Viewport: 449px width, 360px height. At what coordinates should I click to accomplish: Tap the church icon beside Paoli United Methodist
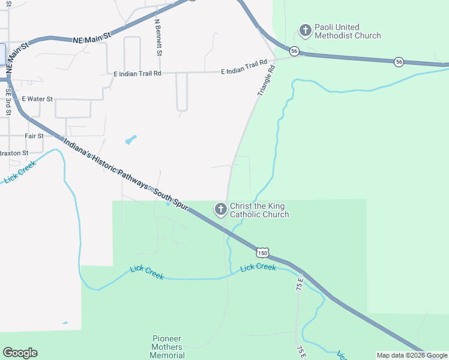point(305,30)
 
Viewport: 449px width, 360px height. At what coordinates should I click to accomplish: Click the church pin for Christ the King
point(221,209)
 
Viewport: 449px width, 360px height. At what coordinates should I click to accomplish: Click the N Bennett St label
point(158,37)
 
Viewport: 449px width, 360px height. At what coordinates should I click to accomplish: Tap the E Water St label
point(37,98)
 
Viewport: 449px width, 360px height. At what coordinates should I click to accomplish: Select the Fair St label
point(34,136)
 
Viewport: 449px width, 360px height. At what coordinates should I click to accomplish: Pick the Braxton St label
point(13,153)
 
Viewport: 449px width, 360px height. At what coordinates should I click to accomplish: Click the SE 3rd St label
point(8,102)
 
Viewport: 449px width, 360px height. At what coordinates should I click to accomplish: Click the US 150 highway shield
point(262,253)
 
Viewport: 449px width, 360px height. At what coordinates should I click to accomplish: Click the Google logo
point(20,353)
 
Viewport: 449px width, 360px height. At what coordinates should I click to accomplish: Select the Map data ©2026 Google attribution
point(412,355)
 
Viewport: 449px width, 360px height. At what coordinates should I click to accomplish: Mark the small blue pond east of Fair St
point(130,140)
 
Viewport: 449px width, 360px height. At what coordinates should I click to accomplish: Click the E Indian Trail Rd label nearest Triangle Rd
point(243,71)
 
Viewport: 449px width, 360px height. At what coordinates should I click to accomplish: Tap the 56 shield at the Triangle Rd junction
point(294,51)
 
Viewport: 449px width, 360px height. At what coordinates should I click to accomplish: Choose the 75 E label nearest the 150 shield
point(300,284)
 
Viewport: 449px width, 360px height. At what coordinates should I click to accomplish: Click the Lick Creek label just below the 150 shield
point(258,268)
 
